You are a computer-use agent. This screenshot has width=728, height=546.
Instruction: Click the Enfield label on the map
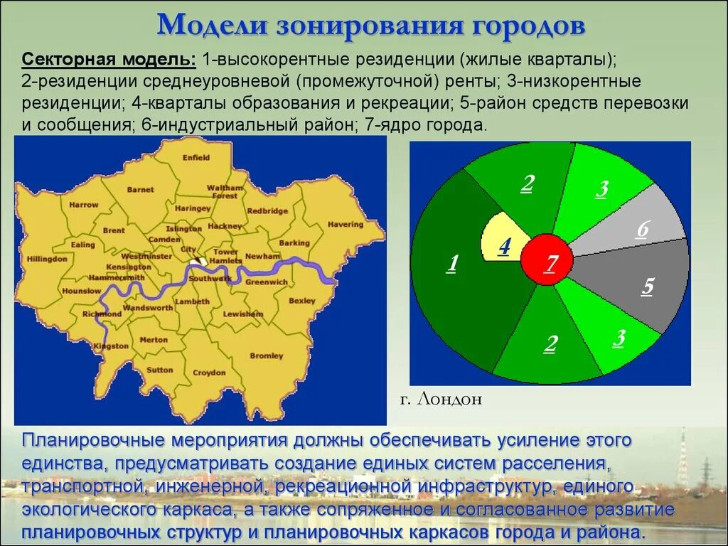(x=196, y=158)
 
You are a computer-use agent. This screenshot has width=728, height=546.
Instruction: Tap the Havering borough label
(x=346, y=225)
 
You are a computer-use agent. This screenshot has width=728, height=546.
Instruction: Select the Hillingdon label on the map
(x=46, y=259)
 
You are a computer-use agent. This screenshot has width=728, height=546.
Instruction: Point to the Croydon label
(x=209, y=373)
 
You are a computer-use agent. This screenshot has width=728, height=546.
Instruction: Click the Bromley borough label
(x=267, y=355)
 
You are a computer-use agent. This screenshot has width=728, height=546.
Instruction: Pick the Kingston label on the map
(x=111, y=346)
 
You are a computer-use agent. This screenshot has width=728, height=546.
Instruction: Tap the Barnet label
(x=140, y=190)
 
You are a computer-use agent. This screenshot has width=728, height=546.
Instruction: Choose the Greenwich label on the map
(x=267, y=282)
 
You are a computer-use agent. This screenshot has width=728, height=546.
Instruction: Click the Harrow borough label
(x=84, y=205)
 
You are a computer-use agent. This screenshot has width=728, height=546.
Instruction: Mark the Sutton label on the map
(x=160, y=370)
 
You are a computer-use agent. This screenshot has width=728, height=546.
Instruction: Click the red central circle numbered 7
(x=548, y=260)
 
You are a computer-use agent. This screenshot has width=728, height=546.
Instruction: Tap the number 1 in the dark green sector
(x=451, y=264)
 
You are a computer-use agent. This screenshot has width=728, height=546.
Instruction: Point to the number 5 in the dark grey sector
(x=648, y=287)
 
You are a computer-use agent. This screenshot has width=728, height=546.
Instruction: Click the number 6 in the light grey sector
(x=643, y=229)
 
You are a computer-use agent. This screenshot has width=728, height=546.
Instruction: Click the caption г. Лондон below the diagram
(x=440, y=400)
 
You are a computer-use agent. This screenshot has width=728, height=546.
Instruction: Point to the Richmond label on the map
(x=102, y=314)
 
